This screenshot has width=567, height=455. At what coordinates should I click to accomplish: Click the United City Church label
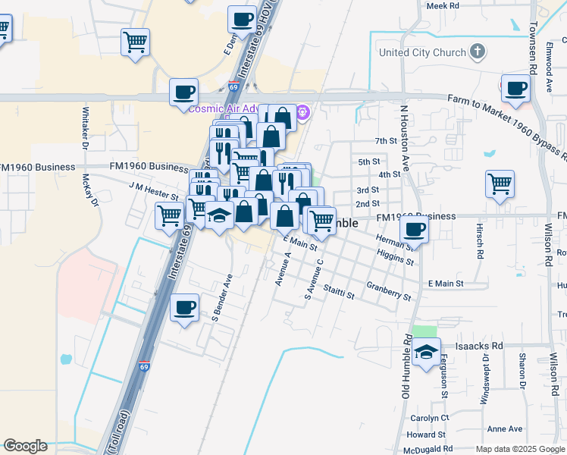pos(422,52)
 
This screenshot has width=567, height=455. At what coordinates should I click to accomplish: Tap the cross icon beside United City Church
pos(477,52)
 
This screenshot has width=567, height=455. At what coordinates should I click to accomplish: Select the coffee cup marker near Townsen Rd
pos(515,89)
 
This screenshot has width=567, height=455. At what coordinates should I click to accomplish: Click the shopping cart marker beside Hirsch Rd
pos(500,184)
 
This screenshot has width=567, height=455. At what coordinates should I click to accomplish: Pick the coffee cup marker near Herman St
pos(414,229)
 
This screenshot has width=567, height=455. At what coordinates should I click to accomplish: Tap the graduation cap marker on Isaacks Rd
pos(427,352)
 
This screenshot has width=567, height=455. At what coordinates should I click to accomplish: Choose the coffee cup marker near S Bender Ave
pos(184,308)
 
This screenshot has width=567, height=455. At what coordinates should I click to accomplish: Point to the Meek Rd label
pos(443,5)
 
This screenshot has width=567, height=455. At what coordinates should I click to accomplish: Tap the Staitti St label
pos(338,292)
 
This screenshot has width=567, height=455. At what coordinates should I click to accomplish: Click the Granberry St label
pos(387,290)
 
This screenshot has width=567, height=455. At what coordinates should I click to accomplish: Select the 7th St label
pos(386,141)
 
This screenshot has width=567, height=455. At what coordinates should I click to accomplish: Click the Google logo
pos(25,446)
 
